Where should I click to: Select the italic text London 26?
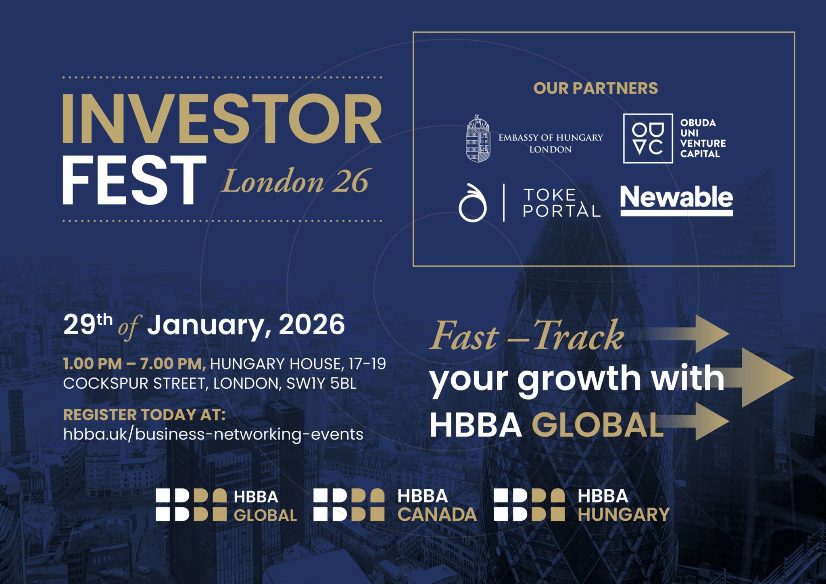tap(294, 181)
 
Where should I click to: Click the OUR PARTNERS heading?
tap(595, 88)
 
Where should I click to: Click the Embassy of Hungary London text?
tap(551, 143)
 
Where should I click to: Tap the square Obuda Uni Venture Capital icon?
tap(648, 138)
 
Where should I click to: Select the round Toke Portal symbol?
tap(472, 203)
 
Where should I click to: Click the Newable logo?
tap(676, 200)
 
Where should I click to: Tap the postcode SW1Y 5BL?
tap(321, 384)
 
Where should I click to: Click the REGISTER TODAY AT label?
tap(144, 415)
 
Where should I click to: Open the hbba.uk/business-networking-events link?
tap(213, 434)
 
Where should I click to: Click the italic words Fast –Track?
tap(526, 336)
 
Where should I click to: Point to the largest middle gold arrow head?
tap(778, 378)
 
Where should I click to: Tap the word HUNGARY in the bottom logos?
tap(624, 515)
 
